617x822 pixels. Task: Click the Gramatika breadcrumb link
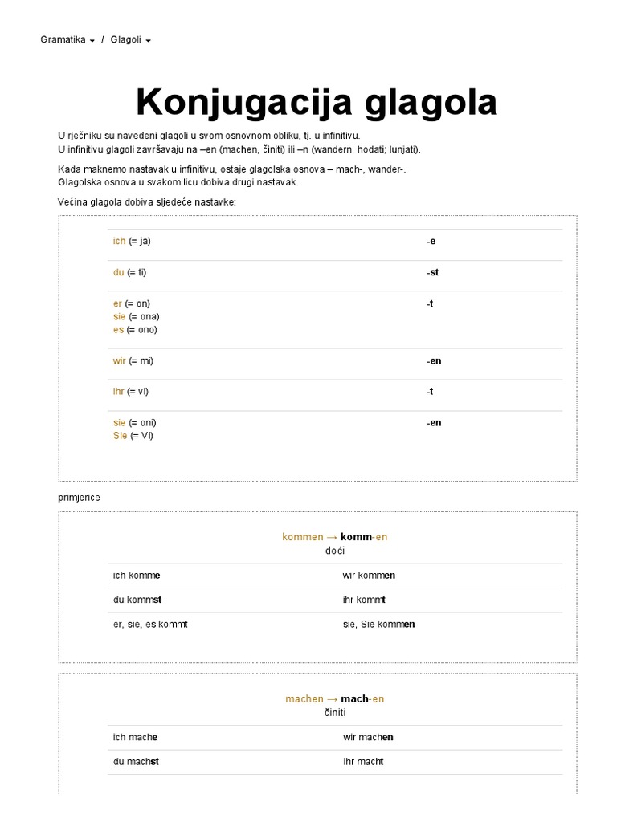(63, 39)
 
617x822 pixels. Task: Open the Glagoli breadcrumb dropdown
(130, 39)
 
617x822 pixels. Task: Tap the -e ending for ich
(431, 242)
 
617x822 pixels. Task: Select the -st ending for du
(432, 273)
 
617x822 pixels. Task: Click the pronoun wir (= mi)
(133, 361)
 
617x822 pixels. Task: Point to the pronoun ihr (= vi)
(131, 392)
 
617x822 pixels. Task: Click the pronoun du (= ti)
(130, 273)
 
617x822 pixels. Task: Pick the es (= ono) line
(135, 330)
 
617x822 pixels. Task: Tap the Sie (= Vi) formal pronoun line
(133, 436)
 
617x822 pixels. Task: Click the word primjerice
(80, 498)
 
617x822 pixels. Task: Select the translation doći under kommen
(335, 551)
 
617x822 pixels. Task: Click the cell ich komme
(137, 576)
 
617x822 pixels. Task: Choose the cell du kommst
(138, 600)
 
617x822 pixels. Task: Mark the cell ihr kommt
(364, 600)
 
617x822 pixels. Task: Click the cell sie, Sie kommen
(378, 625)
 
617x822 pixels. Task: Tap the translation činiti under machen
(335, 713)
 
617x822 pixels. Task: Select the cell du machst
(137, 762)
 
